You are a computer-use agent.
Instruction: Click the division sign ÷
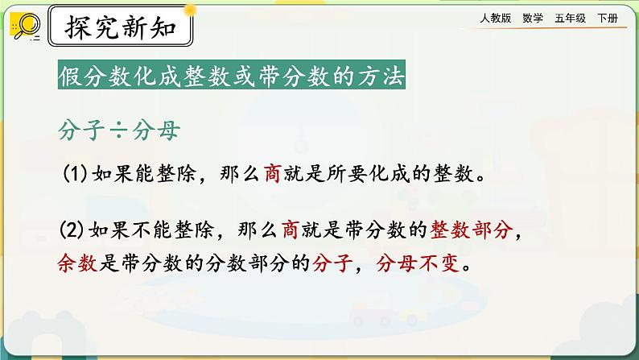[x=111, y=130]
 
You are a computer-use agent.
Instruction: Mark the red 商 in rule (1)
[x=270, y=174]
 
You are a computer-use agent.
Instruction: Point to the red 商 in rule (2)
[x=291, y=233]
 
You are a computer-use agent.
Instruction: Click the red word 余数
[x=77, y=263]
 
